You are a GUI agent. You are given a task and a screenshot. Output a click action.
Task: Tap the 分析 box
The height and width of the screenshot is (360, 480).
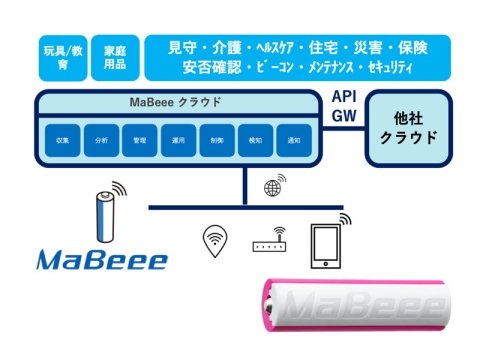tap(100, 141)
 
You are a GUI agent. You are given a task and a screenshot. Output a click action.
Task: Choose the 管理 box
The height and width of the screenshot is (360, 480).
tap(139, 141)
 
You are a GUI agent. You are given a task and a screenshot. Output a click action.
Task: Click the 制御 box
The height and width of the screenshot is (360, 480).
tap(218, 141)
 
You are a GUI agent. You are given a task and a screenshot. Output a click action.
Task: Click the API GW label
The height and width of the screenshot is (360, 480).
tap(342, 107)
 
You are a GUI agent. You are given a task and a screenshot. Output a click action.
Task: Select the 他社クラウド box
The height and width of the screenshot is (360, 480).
tap(410, 127)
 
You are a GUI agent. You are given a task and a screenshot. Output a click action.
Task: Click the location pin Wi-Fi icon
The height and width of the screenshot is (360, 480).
tap(213, 239)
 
